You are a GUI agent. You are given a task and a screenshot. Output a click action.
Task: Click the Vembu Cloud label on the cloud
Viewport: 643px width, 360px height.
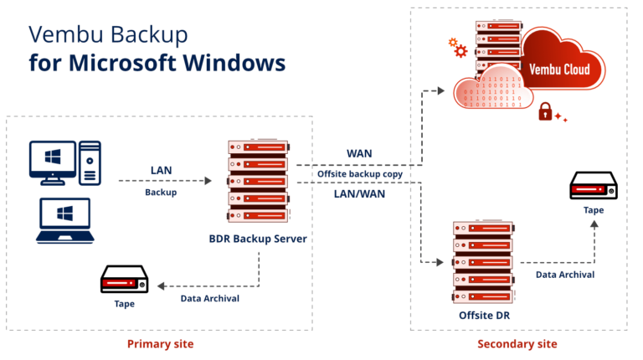pos(565,69)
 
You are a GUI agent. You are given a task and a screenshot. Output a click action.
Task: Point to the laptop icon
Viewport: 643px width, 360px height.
pos(64,220)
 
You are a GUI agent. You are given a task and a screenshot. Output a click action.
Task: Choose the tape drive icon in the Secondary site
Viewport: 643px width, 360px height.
pos(594,186)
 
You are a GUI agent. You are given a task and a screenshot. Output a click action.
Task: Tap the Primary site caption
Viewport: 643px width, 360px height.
pos(158,344)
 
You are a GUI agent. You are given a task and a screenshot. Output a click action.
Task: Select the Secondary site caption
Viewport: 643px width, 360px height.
pos(517,344)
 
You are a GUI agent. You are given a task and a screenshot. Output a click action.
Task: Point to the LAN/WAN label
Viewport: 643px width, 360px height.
pos(360,194)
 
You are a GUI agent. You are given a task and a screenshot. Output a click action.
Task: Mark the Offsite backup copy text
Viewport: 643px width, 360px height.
pos(359,174)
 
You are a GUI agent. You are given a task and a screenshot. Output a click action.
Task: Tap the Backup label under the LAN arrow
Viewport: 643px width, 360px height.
pos(161,193)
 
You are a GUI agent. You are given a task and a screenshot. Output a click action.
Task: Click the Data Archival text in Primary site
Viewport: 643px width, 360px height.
pos(210,298)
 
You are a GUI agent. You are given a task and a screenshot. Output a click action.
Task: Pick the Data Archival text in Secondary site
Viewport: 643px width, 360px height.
pos(565,274)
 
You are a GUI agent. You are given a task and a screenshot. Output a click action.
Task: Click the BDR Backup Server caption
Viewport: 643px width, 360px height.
pos(258,239)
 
